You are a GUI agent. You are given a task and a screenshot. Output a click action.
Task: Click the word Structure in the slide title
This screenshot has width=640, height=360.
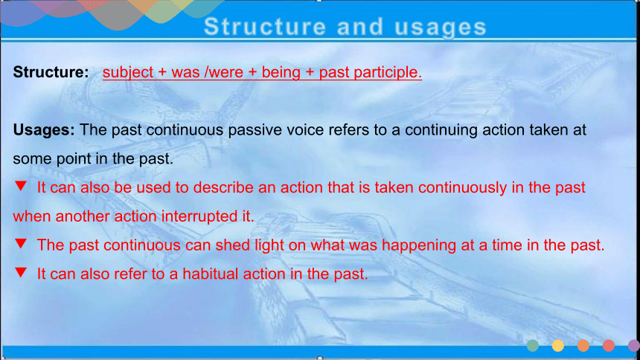265,27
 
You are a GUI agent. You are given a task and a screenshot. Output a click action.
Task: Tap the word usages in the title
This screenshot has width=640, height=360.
441,28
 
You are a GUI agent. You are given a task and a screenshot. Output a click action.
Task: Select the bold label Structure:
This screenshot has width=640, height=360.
51,72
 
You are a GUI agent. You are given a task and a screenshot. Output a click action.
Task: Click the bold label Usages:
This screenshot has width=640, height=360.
44,130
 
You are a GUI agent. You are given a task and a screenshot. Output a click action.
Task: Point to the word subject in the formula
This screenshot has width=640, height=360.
128,73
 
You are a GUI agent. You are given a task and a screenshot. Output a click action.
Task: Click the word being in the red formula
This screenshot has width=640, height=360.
281,73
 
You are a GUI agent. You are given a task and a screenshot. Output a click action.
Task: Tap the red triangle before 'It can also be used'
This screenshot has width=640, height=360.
21,186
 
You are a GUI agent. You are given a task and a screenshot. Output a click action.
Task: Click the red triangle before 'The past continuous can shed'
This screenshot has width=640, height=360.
21,243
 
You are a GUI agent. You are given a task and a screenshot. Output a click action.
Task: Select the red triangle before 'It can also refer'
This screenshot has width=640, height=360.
21,272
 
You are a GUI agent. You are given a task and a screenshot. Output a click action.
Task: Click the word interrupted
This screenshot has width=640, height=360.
199,216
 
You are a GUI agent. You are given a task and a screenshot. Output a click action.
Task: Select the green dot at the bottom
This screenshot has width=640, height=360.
533,346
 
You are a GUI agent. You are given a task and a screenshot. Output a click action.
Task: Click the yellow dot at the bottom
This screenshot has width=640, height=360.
558,346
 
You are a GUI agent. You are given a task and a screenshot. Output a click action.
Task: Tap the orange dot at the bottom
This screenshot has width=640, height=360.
583,346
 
